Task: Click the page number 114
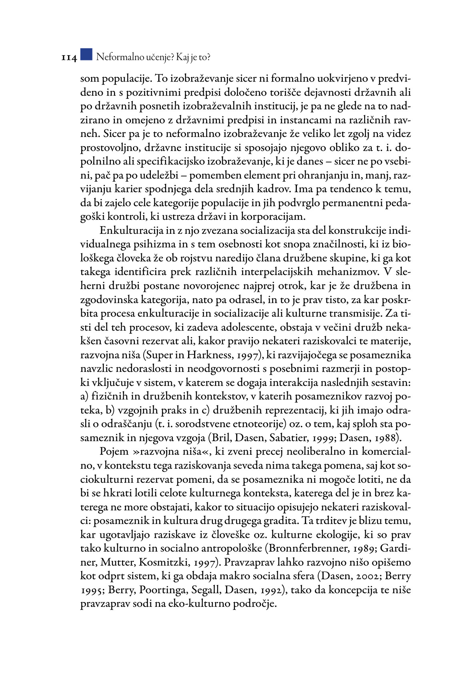tap(68, 58)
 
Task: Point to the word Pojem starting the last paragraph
tap(114, 452)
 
